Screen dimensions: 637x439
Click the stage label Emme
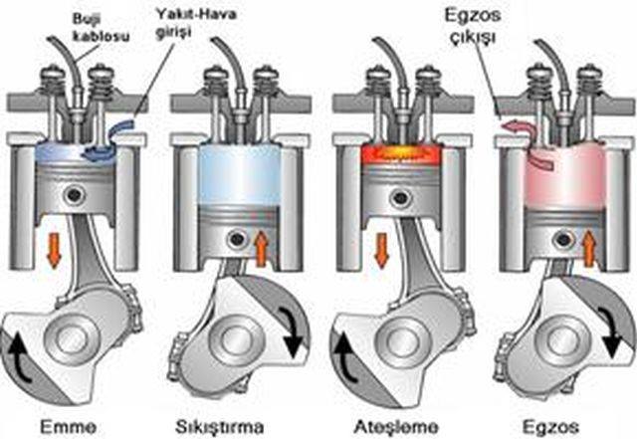point(69,427)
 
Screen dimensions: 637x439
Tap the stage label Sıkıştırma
point(220,428)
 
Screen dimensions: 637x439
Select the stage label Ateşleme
point(396,428)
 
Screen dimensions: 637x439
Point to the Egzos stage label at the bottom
point(551,428)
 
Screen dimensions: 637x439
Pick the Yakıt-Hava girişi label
point(197,23)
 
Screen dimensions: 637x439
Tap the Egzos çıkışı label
point(473,26)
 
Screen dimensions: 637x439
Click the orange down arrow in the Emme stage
point(53,251)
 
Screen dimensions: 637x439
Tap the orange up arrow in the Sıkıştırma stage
point(262,249)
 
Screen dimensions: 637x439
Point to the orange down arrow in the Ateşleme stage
point(381,251)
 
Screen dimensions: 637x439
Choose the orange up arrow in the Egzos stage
point(588,249)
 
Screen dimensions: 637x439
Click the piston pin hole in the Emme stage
point(74,195)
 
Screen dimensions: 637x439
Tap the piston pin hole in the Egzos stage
point(563,240)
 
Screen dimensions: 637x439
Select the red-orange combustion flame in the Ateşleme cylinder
point(401,154)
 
